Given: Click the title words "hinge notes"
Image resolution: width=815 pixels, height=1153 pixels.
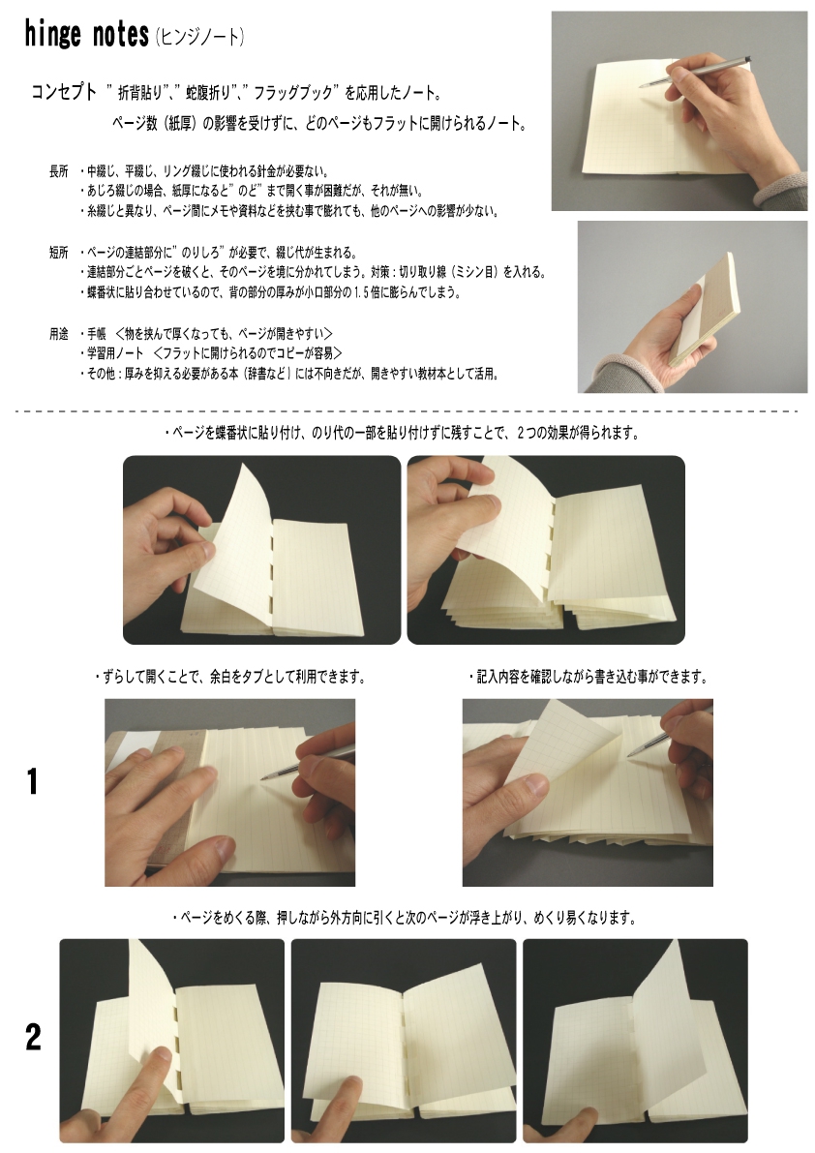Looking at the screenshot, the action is [x=87, y=35].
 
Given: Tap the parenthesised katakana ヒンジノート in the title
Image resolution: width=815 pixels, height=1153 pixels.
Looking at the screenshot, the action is [x=200, y=36].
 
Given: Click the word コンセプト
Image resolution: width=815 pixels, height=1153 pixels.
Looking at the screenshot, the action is [x=64, y=92].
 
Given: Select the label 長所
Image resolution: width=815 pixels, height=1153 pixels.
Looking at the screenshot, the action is [x=59, y=171].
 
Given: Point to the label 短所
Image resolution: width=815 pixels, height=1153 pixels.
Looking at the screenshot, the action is [x=59, y=253].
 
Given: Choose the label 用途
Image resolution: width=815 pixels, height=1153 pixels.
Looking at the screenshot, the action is [x=59, y=334].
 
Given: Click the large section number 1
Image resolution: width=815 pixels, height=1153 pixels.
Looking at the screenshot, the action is [x=32, y=781].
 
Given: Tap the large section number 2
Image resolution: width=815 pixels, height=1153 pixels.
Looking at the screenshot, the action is [x=33, y=1037].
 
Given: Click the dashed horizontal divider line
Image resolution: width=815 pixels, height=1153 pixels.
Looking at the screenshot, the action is [x=407, y=411].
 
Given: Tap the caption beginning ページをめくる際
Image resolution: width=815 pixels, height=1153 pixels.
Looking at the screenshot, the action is [x=404, y=918].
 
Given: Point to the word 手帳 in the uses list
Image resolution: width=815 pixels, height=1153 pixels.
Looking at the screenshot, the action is [x=97, y=334].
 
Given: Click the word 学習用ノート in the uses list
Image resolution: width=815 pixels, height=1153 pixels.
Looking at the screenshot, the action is [x=115, y=353].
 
